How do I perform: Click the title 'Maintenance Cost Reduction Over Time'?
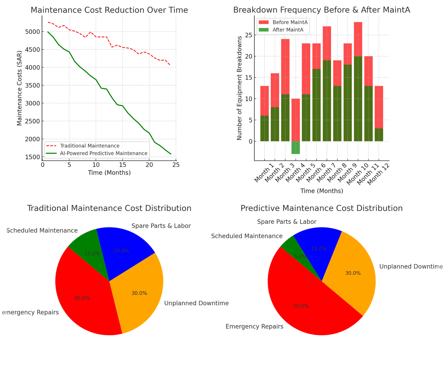109,10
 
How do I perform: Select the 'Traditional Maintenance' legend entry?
89,146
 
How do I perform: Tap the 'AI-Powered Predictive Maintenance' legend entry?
103,153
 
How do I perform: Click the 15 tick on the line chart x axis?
122,165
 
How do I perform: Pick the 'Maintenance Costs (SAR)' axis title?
19,88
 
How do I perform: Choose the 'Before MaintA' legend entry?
290,22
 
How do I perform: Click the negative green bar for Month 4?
296,147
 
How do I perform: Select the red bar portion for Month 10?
358,39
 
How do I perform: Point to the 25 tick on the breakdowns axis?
249,35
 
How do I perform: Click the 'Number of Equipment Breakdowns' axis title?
239,88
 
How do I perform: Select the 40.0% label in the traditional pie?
82,298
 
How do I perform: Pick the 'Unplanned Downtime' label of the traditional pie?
196,303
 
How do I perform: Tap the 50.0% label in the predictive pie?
301,306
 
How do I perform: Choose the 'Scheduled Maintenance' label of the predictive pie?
247,236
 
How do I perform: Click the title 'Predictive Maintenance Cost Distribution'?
321,208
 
